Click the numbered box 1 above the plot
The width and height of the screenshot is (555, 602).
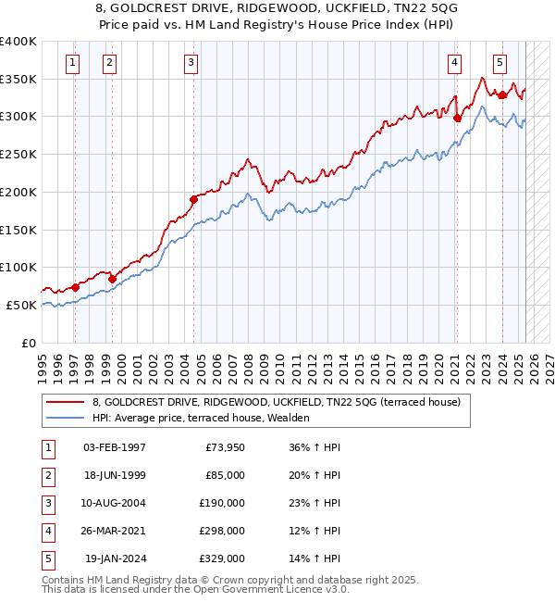(x=72, y=63)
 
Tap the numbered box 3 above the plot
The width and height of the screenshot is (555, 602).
(x=191, y=63)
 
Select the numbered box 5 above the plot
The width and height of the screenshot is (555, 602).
(x=499, y=63)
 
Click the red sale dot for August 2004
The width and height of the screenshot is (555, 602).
(x=194, y=199)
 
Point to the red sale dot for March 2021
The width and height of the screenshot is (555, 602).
(x=457, y=118)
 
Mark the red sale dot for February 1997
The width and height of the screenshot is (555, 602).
(x=75, y=287)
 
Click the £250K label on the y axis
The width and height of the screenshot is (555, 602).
(x=18, y=154)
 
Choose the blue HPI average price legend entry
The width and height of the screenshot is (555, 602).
(x=200, y=418)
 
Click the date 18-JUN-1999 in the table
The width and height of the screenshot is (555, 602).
(x=115, y=475)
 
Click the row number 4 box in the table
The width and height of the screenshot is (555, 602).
(x=46, y=531)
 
